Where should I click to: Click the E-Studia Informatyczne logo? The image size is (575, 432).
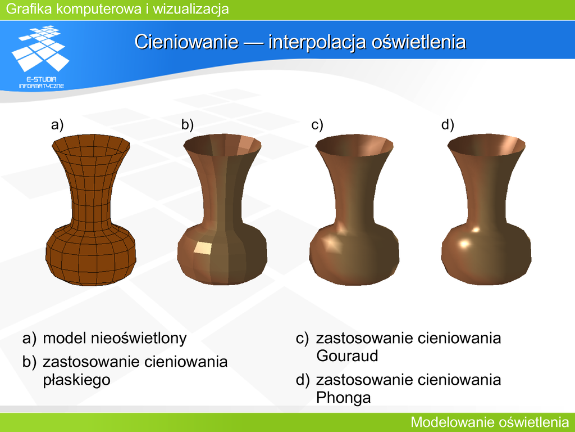click(x=41, y=57)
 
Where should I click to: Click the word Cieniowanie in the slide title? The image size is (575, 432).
click(x=186, y=42)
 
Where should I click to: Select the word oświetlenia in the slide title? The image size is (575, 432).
click(x=418, y=42)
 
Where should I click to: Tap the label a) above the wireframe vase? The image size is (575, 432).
click(x=57, y=125)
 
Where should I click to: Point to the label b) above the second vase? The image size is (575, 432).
click(x=188, y=125)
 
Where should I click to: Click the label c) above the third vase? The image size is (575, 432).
click(x=317, y=125)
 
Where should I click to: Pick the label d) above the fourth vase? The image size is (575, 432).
click(x=448, y=125)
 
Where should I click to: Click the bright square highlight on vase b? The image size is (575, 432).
click(x=203, y=248)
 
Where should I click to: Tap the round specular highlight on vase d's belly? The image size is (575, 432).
click(x=464, y=244)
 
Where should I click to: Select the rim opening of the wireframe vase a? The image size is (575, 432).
click(x=91, y=145)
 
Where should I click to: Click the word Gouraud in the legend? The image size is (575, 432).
click(x=347, y=355)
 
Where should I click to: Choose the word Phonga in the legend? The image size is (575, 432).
click(x=343, y=398)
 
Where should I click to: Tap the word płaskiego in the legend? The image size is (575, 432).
click(x=76, y=380)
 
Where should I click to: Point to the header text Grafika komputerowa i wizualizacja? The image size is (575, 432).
click(x=117, y=9)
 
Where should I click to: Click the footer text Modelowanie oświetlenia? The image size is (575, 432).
click(x=490, y=422)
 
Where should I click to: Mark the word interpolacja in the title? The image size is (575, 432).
click(x=317, y=42)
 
